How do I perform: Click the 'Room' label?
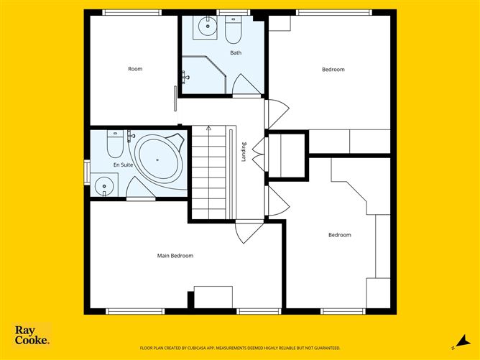click(x=135, y=69)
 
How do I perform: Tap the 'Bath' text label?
click(x=236, y=53)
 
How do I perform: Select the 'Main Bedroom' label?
click(x=175, y=256)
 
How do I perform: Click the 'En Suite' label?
click(x=123, y=165)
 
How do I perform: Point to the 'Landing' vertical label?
click(x=244, y=151)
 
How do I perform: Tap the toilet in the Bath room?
click(x=234, y=30)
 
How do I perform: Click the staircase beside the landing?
click(x=212, y=172)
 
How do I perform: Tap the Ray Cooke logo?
click(x=32, y=336)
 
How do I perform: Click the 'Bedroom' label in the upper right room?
click(x=333, y=70)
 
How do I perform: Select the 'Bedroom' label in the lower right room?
click(x=339, y=235)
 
